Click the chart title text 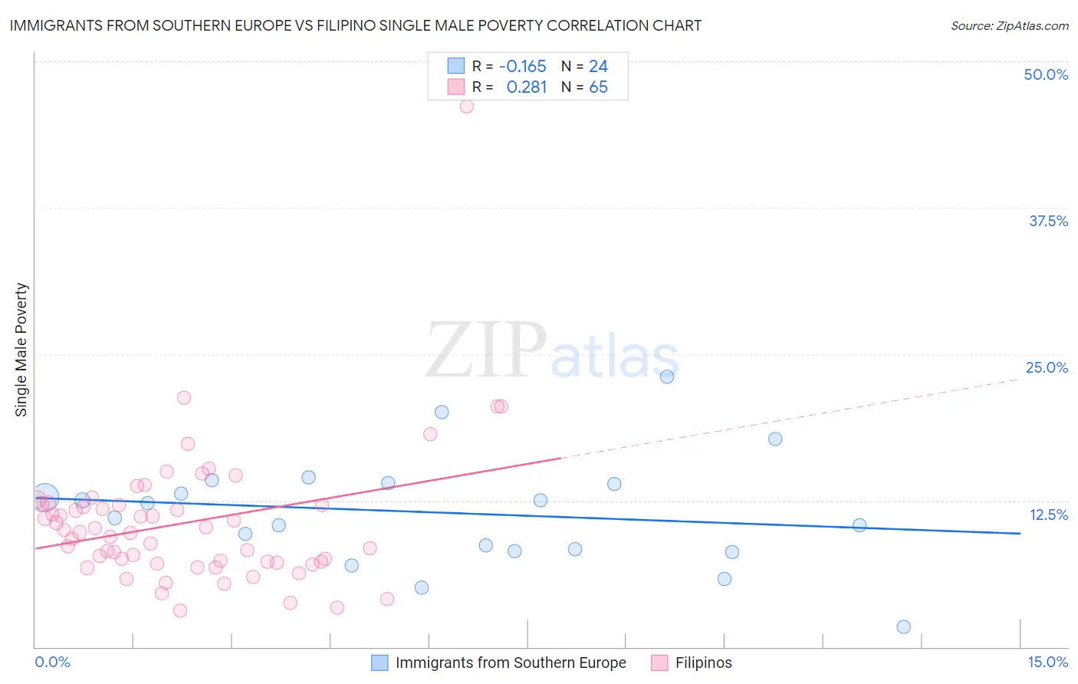tap(355, 25)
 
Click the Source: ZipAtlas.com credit tap(1009, 25)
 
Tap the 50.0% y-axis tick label tap(1046, 74)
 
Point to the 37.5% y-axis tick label tap(1048, 221)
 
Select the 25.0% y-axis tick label tap(1047, 367)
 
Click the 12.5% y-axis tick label tap(1048, 515)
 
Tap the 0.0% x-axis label tap(52, 662)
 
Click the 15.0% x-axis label tap(1047, 662)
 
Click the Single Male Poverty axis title tap(21, 350)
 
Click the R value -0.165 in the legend tap(522, 66)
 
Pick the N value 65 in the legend tap(598, 87)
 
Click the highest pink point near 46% tap(466, 107)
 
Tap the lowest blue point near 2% tap(903, 626)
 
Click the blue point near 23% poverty tap(667, 377)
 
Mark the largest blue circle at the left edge tap(45, 498)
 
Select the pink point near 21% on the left tap(184, 397)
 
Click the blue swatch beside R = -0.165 tap(456, 66)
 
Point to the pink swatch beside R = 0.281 tap(456, 87)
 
